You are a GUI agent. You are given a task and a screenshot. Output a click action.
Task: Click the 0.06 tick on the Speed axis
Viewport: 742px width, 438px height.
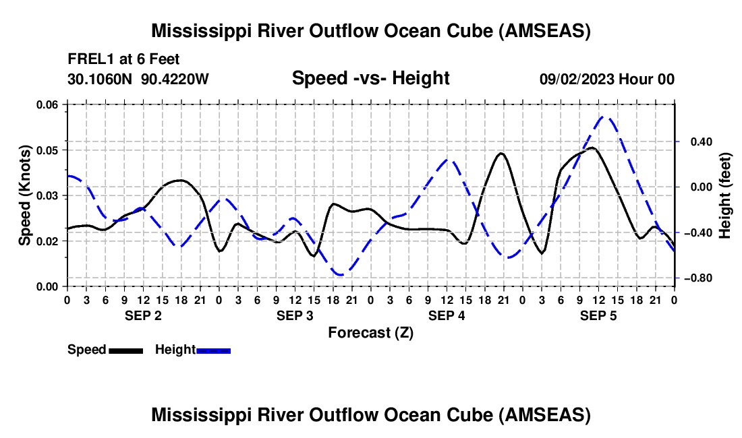click(47, 104)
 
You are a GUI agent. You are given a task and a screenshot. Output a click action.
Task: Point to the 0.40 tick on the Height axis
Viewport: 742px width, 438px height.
click(702, 142)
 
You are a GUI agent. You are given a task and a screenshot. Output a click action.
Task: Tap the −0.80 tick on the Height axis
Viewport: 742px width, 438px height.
click(698, 278)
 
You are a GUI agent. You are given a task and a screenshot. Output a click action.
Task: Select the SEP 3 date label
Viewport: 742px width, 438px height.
click(295, 315)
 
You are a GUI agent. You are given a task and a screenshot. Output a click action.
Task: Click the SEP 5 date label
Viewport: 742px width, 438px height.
click(598, 315)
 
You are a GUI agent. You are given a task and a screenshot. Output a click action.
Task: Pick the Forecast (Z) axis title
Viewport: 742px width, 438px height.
click(370, 333)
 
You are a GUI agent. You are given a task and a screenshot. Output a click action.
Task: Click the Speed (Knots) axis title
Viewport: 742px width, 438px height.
click(24, 195)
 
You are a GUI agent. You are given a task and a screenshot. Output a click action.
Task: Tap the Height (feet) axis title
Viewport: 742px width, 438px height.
click(724, 195)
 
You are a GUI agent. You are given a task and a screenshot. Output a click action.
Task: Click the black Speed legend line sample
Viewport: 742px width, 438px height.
click(126, 350)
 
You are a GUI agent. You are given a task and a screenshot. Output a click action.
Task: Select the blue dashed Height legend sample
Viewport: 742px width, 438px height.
click(213, 350)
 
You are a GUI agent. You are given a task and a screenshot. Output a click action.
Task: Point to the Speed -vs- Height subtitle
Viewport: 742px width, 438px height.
click(370, 78)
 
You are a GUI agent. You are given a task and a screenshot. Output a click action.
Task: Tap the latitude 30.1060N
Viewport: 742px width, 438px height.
click(99, 79)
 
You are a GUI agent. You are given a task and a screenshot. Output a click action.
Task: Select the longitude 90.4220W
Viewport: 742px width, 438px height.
click(175, 79)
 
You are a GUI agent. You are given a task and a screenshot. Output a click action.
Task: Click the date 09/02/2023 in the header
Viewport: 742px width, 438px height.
click(577, 79)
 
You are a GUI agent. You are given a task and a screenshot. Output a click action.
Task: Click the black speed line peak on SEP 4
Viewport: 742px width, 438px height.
click(502, 153)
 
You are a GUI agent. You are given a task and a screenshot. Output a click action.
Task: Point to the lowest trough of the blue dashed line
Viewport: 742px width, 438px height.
click(340, 275)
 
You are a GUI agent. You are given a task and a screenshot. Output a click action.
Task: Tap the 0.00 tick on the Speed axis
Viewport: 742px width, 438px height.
click(47, 287)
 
